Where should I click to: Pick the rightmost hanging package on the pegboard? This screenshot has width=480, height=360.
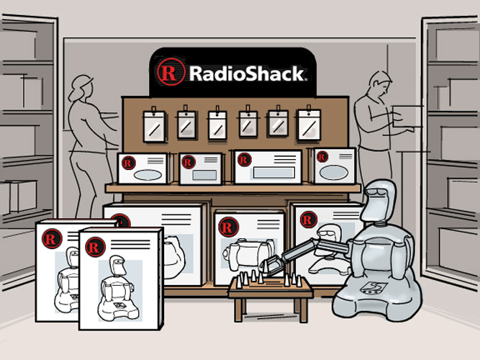click(x=309, y=124)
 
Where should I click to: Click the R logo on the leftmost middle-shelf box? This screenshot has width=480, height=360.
click(x=128, y=163)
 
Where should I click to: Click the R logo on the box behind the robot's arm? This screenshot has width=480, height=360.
click(x=308, y=220)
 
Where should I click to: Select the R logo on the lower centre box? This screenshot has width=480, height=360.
click(x=227, y=227)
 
